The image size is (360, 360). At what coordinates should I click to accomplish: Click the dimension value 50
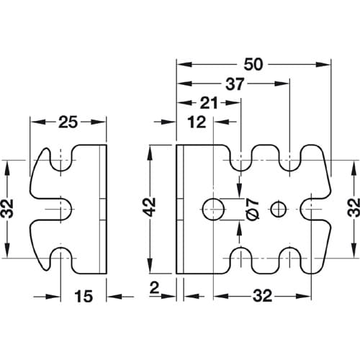tap(253, 65)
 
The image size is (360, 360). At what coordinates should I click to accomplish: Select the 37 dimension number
tap(235, 84)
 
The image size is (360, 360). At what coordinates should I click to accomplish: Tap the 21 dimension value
tap(209, 103)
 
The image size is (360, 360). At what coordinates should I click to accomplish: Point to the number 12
tap(197, 122)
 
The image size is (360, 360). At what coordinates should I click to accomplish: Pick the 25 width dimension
tap(68, 122)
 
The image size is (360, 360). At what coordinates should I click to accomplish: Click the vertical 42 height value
tap(150, 207)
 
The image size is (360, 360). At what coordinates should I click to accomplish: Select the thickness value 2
tap(154, 288)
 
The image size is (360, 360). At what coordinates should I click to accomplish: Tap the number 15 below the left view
tap(84, 296)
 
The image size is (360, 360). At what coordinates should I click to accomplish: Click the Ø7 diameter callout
tap(253, 209)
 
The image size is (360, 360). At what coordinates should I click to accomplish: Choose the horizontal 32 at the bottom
tap(263, 296)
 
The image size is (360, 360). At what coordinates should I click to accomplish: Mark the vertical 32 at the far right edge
tap(354, 207)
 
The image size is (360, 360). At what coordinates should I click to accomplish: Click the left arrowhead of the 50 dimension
tap(184, 65)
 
